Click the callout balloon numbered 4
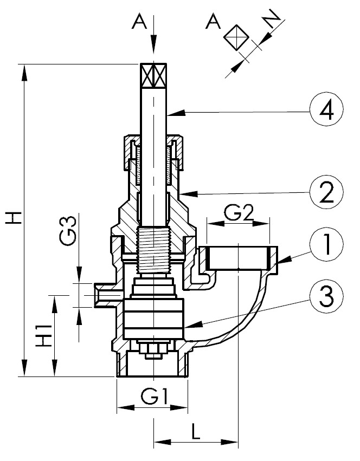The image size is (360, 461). [326, 112]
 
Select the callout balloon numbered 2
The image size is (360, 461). [326, 192]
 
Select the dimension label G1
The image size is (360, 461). [153, 397]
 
